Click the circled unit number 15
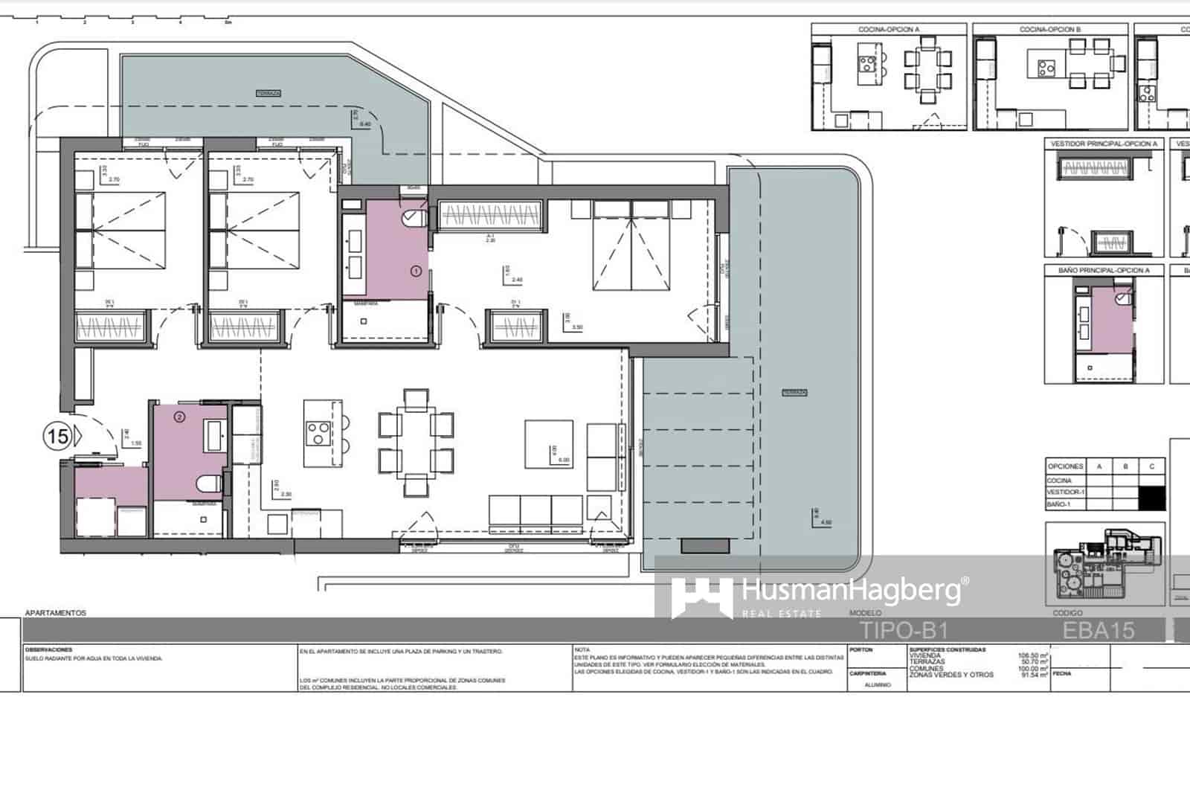pyautogui.click(x=58, y=436)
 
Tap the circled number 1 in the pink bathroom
pyautogui.click(x=416, y=272)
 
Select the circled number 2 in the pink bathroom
pyautogui.click(x=178, y=417)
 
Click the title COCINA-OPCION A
pyautogui.click(x=889, y=30)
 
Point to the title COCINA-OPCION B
pyautogui.click(x=1050, y=30)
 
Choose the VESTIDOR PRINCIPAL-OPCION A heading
pyautogui.click(x=1104, y=144)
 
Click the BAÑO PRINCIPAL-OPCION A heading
pyautogui.click(x=1104, y=271)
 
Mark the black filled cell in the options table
pyautogui.click(x=1151, y=498)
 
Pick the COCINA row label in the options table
pyautogui.click(x=1059, y=481)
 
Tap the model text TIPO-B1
pyautogui.click(x=903, y=631)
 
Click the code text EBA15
pyautogui.click(x=1099, y=631)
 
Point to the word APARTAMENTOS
pyautogui.click(x=56, y=613)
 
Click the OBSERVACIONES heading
pyautogui.click(x=48, y=649)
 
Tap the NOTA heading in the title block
pyautogui.click(x=582, y=649)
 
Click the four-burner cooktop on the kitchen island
pyautogui.click(x=318, y=432)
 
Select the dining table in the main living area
pyautogui.click(x=416, y=443)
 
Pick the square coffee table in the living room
pyautogui.click(x=549, y=444)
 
